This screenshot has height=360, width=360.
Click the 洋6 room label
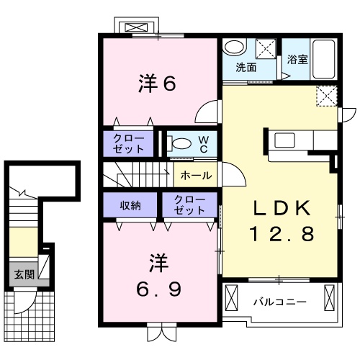click(x=156, y=84)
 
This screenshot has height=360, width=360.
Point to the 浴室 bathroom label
click(x=298, y=59)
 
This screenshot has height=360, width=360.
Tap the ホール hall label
click(x=195, y=175)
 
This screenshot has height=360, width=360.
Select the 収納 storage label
click(x=130, y=205)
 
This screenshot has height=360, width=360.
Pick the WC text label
click(x=204, y=144)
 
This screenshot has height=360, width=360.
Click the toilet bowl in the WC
click(x=180, y=143)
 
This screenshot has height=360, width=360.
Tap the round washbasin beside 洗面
click(x=233, y=48)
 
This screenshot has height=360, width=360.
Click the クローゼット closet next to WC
click(x=128, y=143)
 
